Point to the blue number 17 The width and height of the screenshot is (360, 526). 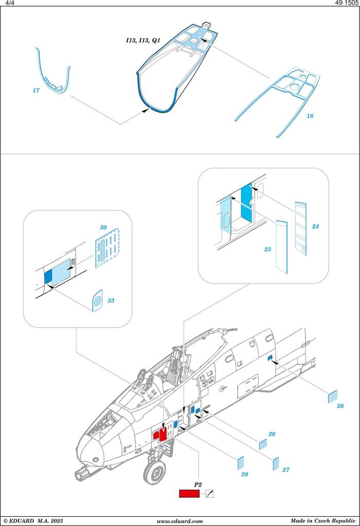35,91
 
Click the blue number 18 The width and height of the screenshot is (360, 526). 310,116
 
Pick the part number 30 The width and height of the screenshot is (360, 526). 103,227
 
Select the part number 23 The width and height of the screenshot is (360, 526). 267,249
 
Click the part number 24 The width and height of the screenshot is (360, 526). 315,227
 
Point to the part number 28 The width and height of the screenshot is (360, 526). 244,474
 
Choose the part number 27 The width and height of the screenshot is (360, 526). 286,469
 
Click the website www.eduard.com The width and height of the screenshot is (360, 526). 180,521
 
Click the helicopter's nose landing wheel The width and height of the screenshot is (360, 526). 154,471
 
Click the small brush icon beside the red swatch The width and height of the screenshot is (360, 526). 209,494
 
